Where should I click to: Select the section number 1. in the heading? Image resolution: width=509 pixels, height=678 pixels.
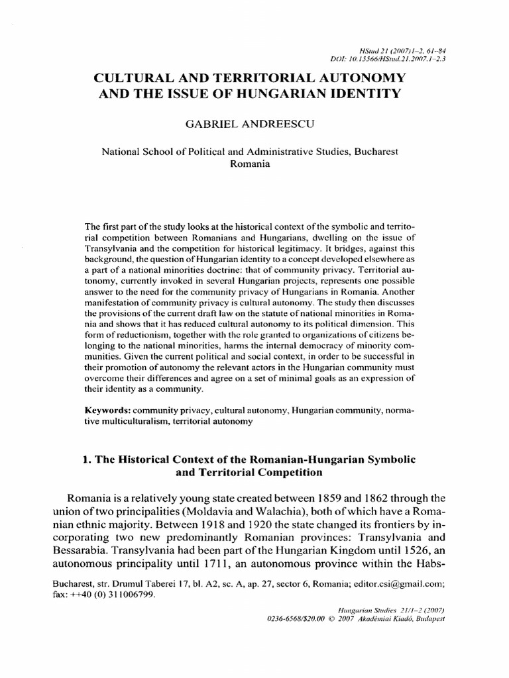coord(87,459)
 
